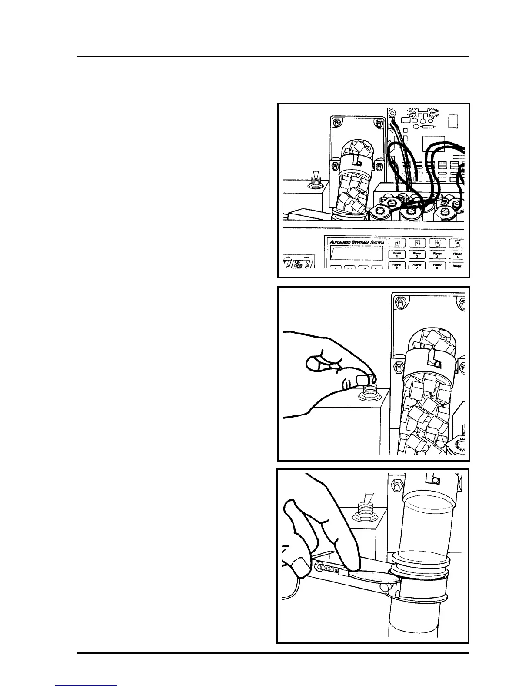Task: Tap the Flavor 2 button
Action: click(417, 254)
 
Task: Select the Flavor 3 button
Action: click(437, 254)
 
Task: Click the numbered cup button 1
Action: click(397, 243)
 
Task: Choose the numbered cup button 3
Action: click(437, 243)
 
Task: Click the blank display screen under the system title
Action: click(356, 253)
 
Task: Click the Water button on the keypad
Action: click(456, 265)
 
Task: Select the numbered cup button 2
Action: click(417, 243)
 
